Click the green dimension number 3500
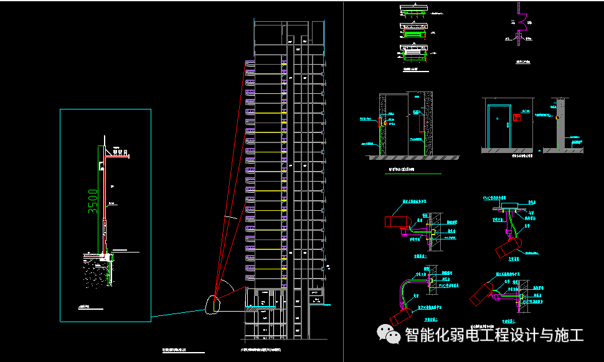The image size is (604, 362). [x=93, y=202]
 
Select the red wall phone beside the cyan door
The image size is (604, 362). [x=517, y=117]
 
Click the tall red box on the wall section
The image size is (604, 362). [x=422, y=122]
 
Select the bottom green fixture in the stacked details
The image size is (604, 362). [x=414, y=55]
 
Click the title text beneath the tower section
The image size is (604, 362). [x=265, y=352]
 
